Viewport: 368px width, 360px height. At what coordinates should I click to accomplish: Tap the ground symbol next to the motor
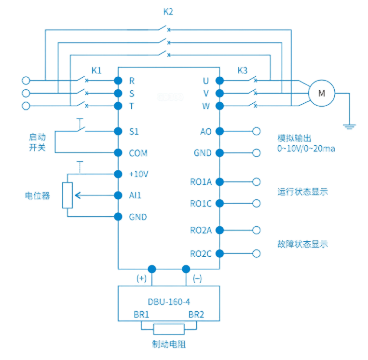(x=349, y=126)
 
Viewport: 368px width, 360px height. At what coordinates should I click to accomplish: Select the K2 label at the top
(x=168, y=12)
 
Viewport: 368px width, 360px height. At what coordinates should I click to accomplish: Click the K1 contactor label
(x=96, y=70)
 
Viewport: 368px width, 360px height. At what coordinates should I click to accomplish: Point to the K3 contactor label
(x=243, y=70)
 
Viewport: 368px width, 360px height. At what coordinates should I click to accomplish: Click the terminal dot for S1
(x=118, y=131)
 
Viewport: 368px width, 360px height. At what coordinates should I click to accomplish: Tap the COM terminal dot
(x=118, y=152)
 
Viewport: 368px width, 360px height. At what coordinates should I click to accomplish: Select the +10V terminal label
(x=139, y=174)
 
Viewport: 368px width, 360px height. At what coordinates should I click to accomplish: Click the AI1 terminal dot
(x=118, y=195)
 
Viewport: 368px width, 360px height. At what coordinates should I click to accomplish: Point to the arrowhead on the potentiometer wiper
(x=78, y=195)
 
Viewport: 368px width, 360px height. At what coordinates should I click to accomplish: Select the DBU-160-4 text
(x=169, y=302)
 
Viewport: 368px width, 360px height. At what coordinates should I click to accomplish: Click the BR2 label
(x=196, y=315)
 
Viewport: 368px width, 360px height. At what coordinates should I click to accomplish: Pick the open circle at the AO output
(x=256, y=131)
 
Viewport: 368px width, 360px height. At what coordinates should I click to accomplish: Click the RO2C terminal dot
(x=219, y=254)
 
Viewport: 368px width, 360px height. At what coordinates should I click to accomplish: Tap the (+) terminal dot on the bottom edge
(x=152, y=269)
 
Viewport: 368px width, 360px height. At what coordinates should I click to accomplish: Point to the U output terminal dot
(x=219, y=81)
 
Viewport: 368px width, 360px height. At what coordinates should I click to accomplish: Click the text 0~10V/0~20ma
(x=306, y=149)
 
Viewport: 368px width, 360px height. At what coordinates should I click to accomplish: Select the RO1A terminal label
(x=201, y=182)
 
